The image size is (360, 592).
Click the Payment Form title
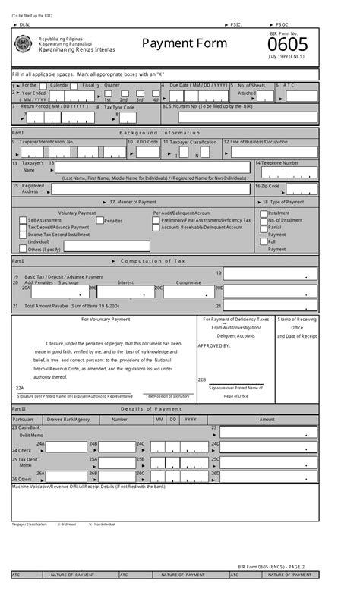[x=184, y=43]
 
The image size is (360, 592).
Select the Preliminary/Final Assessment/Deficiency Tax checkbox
[x=156, y=220]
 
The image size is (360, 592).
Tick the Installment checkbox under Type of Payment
[x=262, y=214]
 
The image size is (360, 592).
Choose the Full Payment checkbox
[x=262, y=242]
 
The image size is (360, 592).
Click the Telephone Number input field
[x=286, y=171]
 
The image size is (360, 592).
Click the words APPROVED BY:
[x=214, y=345]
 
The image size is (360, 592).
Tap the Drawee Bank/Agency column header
[x=68, y=419]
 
